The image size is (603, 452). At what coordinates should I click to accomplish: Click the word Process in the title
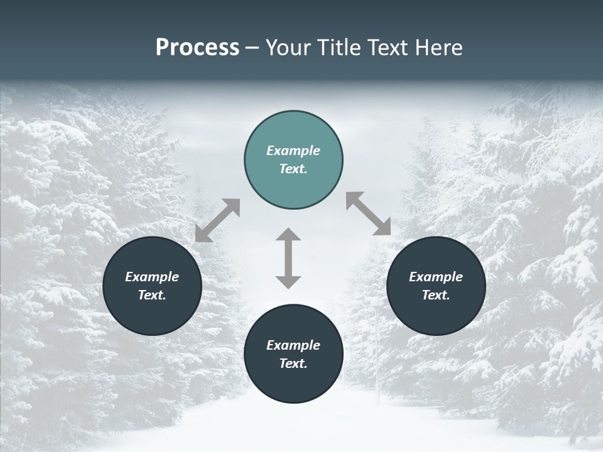point(197,48)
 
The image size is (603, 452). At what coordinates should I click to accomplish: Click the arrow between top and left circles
point(217,220)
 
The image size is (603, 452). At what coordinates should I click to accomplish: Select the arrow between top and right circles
point(369,213)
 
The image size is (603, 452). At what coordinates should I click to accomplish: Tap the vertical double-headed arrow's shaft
point(288,258)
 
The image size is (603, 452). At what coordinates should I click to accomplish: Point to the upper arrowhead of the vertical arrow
point(288,235)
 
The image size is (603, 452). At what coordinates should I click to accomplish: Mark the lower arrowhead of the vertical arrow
point(288,282)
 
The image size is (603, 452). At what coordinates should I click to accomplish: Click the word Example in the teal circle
point(293,151)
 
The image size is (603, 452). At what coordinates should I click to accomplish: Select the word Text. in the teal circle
point(293,169)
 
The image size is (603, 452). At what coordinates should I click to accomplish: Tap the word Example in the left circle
point(152,277)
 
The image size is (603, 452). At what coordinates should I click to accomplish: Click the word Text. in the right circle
point(436,295)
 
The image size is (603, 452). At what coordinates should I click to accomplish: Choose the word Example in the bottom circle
point(293,345)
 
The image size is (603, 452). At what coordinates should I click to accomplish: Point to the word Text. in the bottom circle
point(293,363)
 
